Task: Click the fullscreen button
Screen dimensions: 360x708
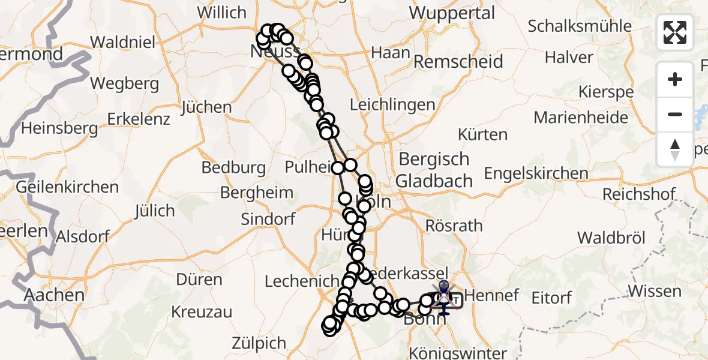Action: pos(675,32)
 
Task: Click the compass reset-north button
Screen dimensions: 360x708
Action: pos(675,149)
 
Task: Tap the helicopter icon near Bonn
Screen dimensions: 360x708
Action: pos(443,295)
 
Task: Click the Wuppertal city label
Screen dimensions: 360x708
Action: pos(452,13)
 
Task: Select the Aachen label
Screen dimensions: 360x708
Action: pos(54,295)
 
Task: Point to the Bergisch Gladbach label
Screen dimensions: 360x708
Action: pos(434,170)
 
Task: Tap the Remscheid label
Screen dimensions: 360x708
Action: pos(458,62)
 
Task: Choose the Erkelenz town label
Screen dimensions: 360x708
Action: pos(139,119)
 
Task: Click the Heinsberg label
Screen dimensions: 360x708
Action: pos(59,128)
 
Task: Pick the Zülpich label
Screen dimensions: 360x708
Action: pos(259,344)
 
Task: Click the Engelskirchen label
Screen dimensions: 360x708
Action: pos(536,173)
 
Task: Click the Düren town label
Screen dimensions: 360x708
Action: pos(199,280)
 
